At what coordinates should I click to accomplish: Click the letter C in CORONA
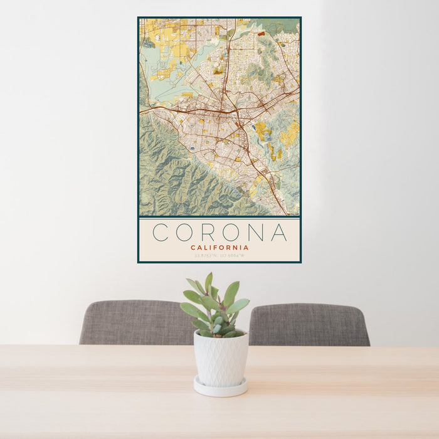pos(161,232)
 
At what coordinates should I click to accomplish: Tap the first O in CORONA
pos(184,232)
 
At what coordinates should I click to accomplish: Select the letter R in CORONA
pos(209,232)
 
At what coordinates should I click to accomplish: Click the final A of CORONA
pos(279,232)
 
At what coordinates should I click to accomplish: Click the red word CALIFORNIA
pos(219,247)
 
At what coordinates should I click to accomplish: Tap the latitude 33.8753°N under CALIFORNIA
pos(206,255)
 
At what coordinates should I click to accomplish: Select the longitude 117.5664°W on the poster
pos(233,255)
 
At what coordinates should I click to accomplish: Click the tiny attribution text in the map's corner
pos(292,214)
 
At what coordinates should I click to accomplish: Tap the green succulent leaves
pos(215,307)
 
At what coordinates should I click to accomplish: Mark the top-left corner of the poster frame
pos(139,18)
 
